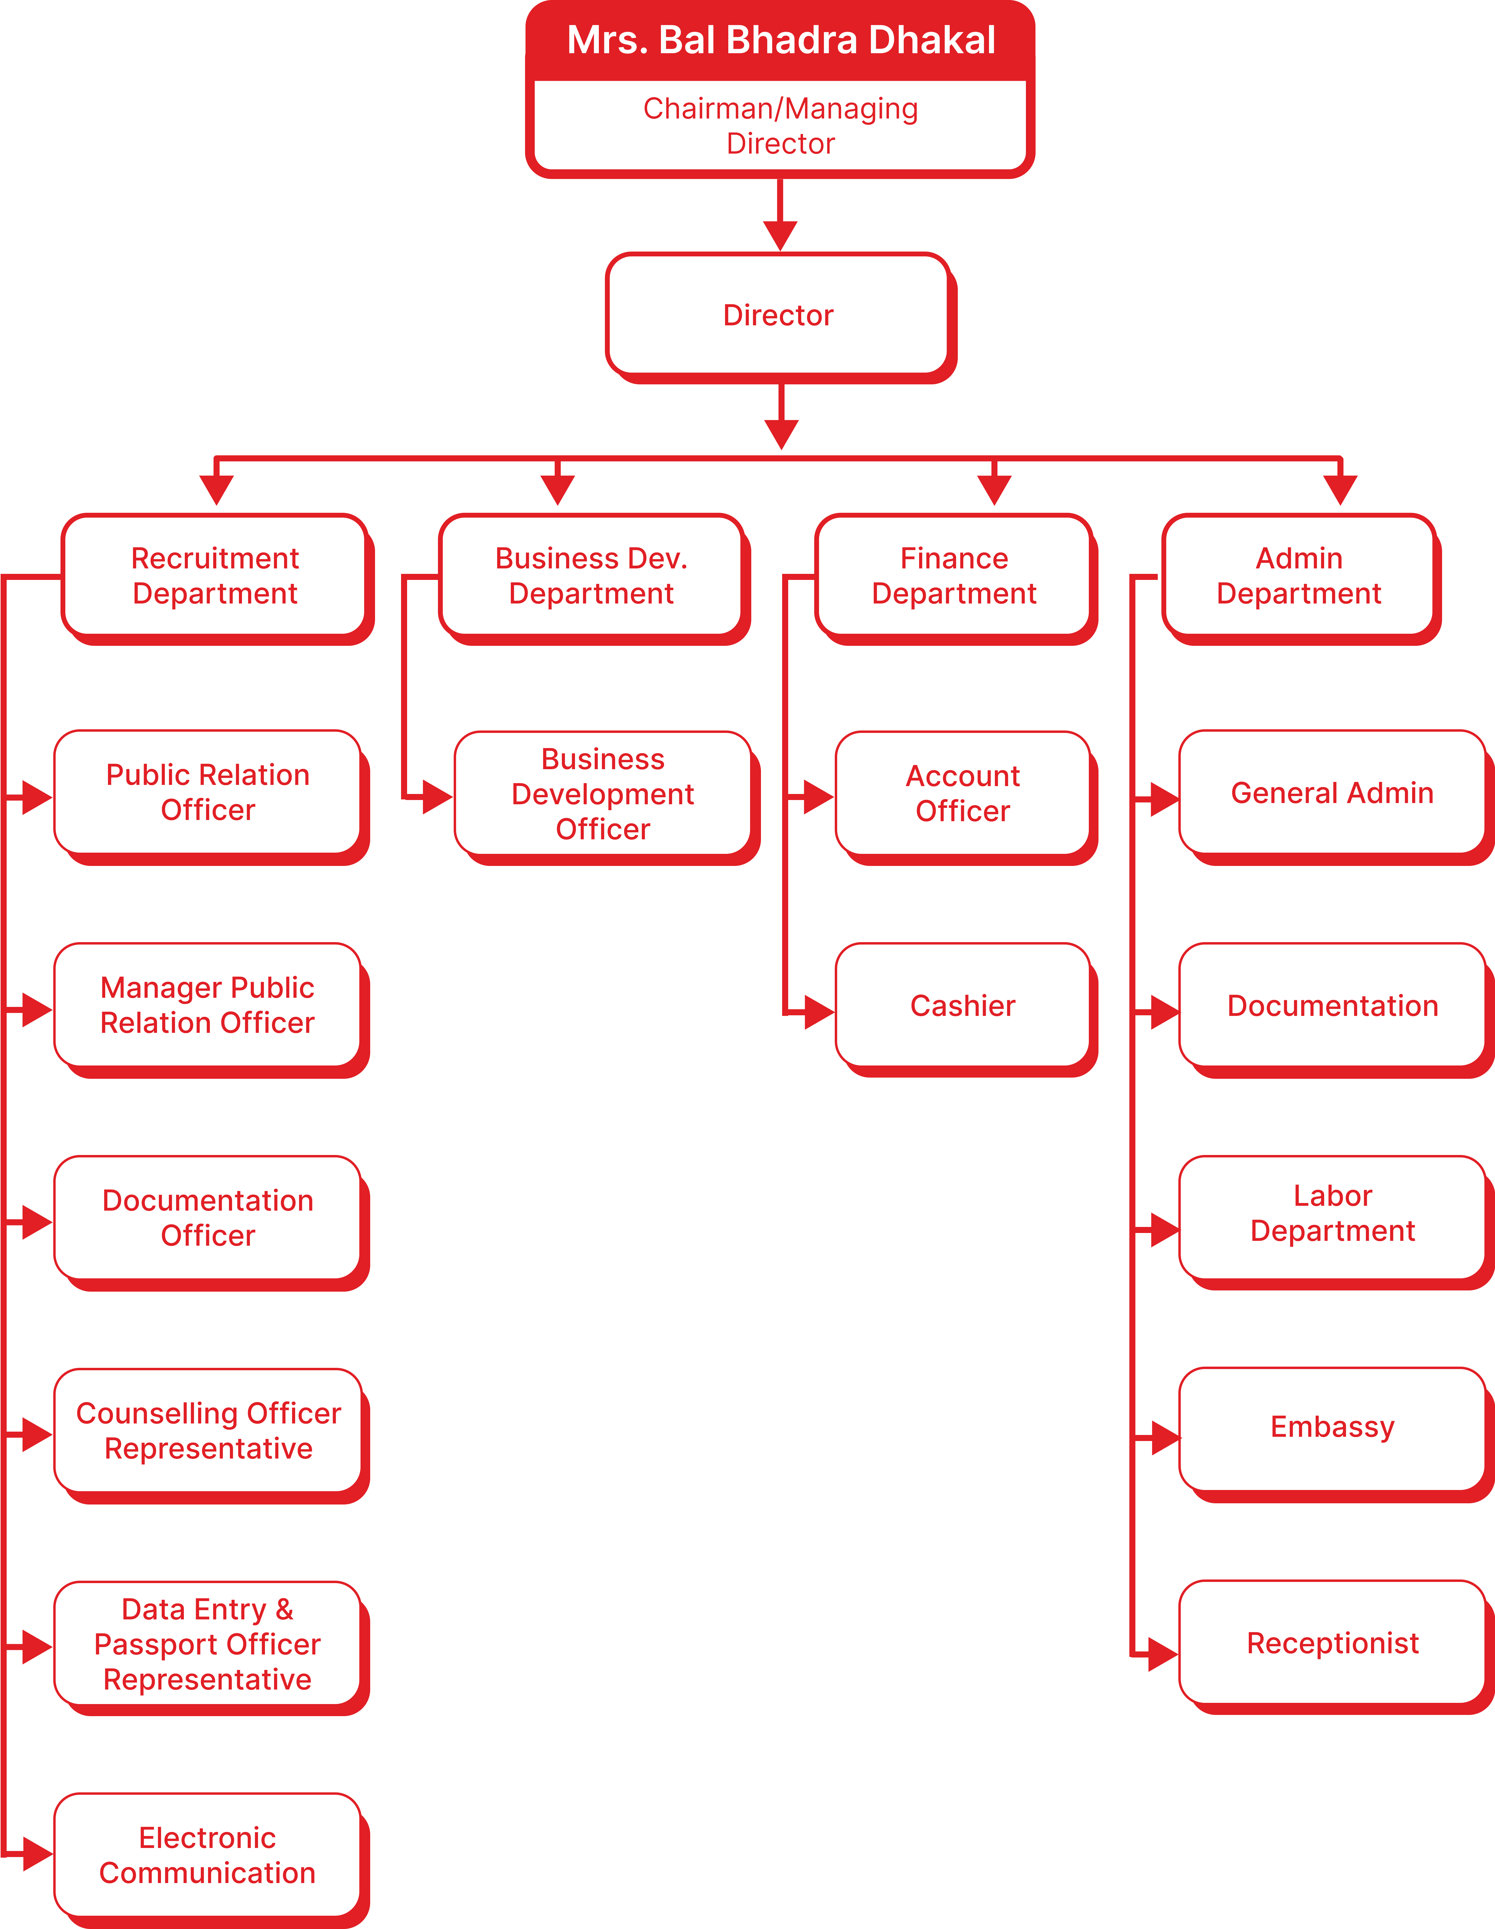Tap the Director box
point(778,314)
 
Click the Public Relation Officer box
point(208,792)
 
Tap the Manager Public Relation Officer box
point(208,1005)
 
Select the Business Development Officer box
point(602,793)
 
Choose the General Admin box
point(1332,792)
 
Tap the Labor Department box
point(1332,1213)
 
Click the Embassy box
point(1332,1426)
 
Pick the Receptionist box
point(1332,1643)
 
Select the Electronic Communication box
point(208,1855)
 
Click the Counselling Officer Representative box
point(208,1431)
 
